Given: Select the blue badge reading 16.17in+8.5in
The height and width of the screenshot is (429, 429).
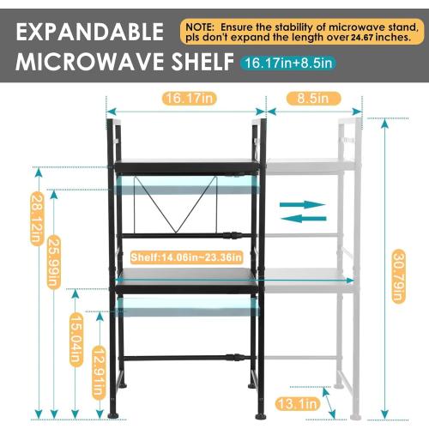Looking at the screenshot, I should (289, 63).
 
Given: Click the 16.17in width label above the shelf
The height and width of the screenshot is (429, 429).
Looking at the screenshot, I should (185, 98).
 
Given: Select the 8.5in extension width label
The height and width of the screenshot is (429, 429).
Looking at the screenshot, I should (307, 98).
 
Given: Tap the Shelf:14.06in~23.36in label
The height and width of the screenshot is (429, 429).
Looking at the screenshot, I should (186, 257).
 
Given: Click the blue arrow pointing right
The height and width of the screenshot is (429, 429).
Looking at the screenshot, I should (304, 204).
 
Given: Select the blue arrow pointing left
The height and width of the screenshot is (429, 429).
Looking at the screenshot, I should (304, 219).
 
